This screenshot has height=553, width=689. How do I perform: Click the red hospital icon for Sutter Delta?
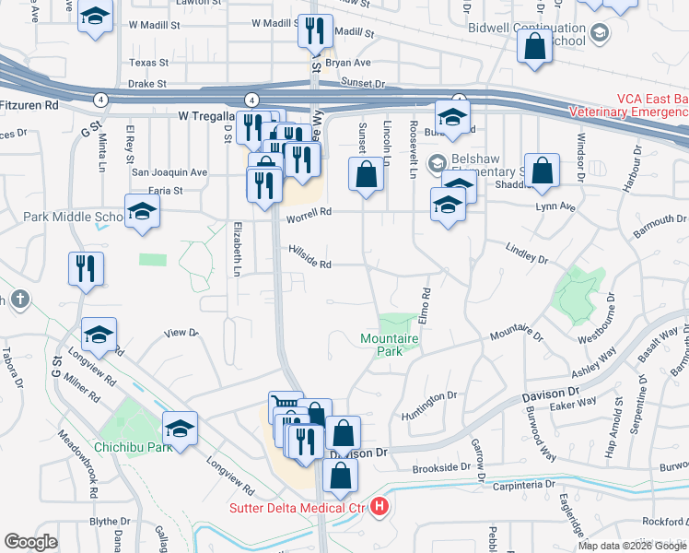click(x=380, y=508)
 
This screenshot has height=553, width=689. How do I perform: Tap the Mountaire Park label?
click(x=390, y=346)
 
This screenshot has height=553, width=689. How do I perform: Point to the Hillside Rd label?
click(x=309, y=264)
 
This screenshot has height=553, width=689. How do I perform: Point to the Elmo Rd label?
click(x=426, y=306)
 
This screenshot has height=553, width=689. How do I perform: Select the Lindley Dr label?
click(x=526, y=250)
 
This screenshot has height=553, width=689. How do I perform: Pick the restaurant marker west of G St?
click(x=86, y=268)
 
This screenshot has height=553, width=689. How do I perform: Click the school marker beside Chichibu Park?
click(x=180, y=428)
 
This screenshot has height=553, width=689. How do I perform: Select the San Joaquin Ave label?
click(x=169, y=171)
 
